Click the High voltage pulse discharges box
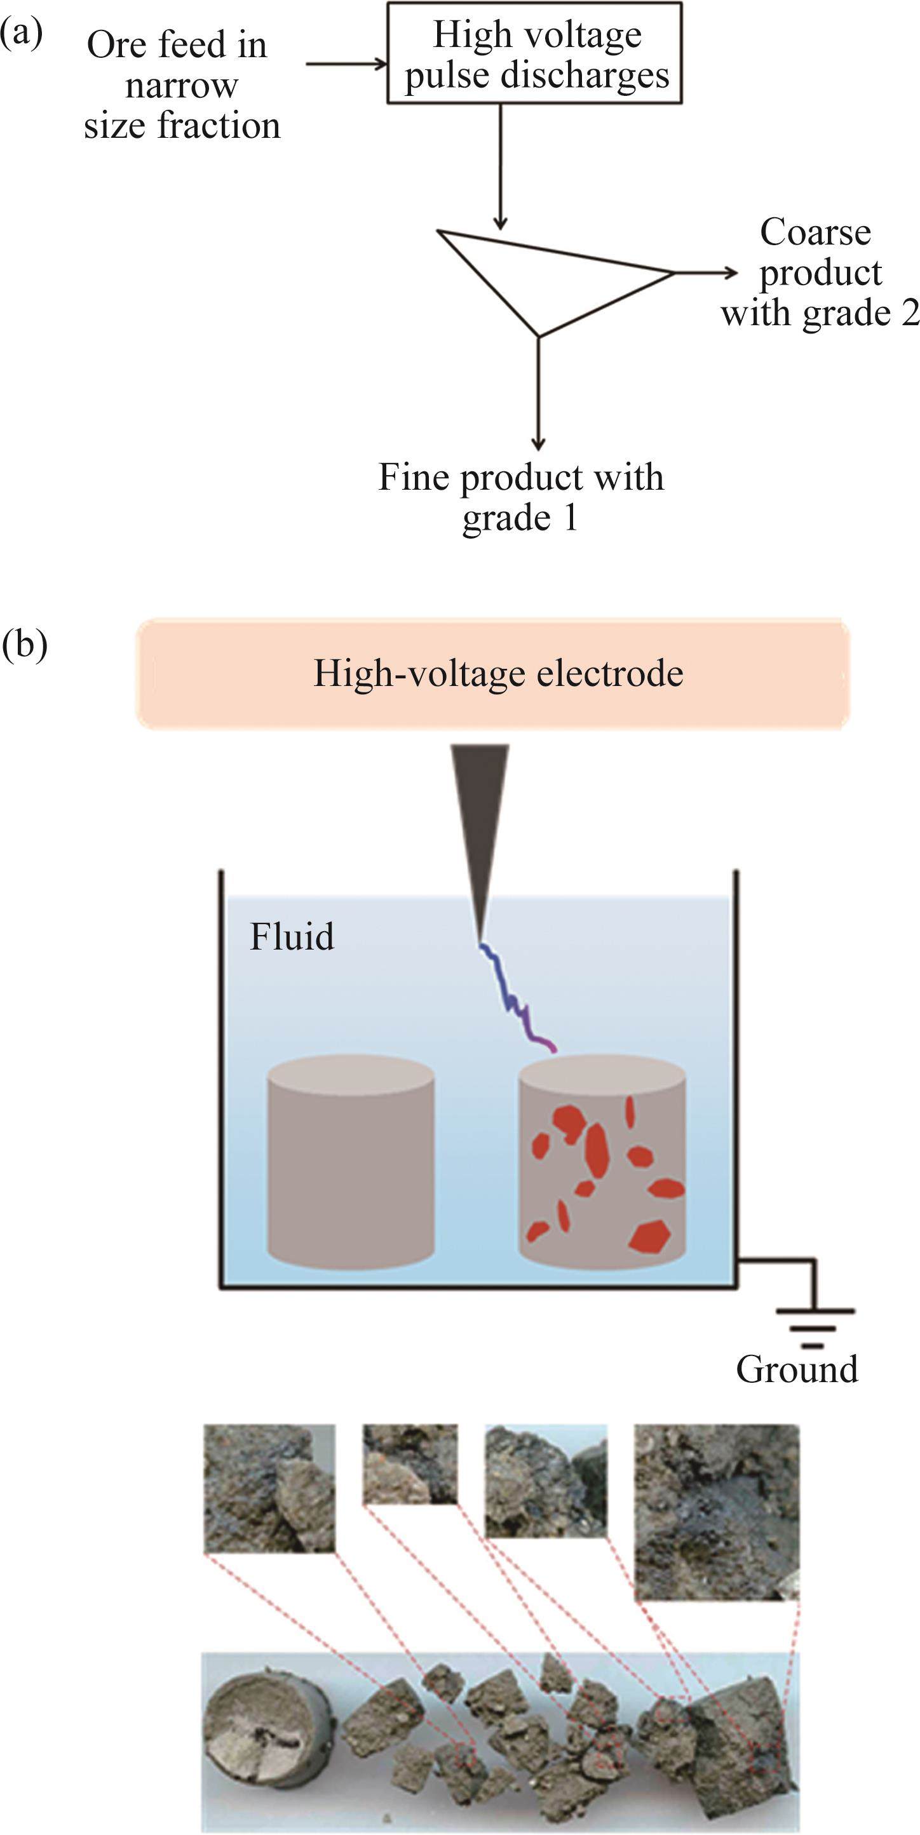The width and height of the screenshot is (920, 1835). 534,54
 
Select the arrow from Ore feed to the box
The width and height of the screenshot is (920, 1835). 346,64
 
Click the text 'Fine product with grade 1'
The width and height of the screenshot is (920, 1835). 520,497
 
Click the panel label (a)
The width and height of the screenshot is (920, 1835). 22,34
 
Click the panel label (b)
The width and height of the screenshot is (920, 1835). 25,644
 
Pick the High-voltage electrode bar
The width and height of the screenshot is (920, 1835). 493,673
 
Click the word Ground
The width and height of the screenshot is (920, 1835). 797,1369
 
